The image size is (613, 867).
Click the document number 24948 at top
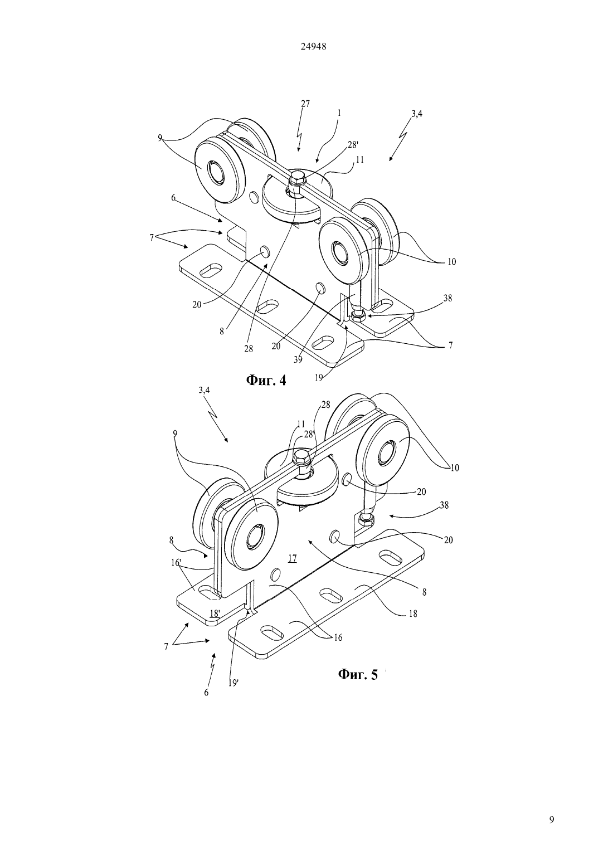coord(313,46)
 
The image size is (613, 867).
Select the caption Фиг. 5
coord(357,674)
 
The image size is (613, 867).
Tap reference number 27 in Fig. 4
coord(305,104)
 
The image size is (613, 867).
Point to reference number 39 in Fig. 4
coord(298,359)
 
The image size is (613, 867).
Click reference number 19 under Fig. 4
coord(319,378)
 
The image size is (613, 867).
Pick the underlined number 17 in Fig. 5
coord(292,558)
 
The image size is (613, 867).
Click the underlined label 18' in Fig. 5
coord(215,613)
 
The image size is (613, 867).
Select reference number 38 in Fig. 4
coord(447,298)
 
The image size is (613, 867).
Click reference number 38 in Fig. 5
coord(444,505)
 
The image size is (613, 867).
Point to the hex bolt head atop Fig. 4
coord(298,178)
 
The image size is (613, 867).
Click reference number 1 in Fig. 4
coord(339,114)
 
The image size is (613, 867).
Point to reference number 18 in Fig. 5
coord(413,613)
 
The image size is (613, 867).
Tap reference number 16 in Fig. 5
coord(338,637)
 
